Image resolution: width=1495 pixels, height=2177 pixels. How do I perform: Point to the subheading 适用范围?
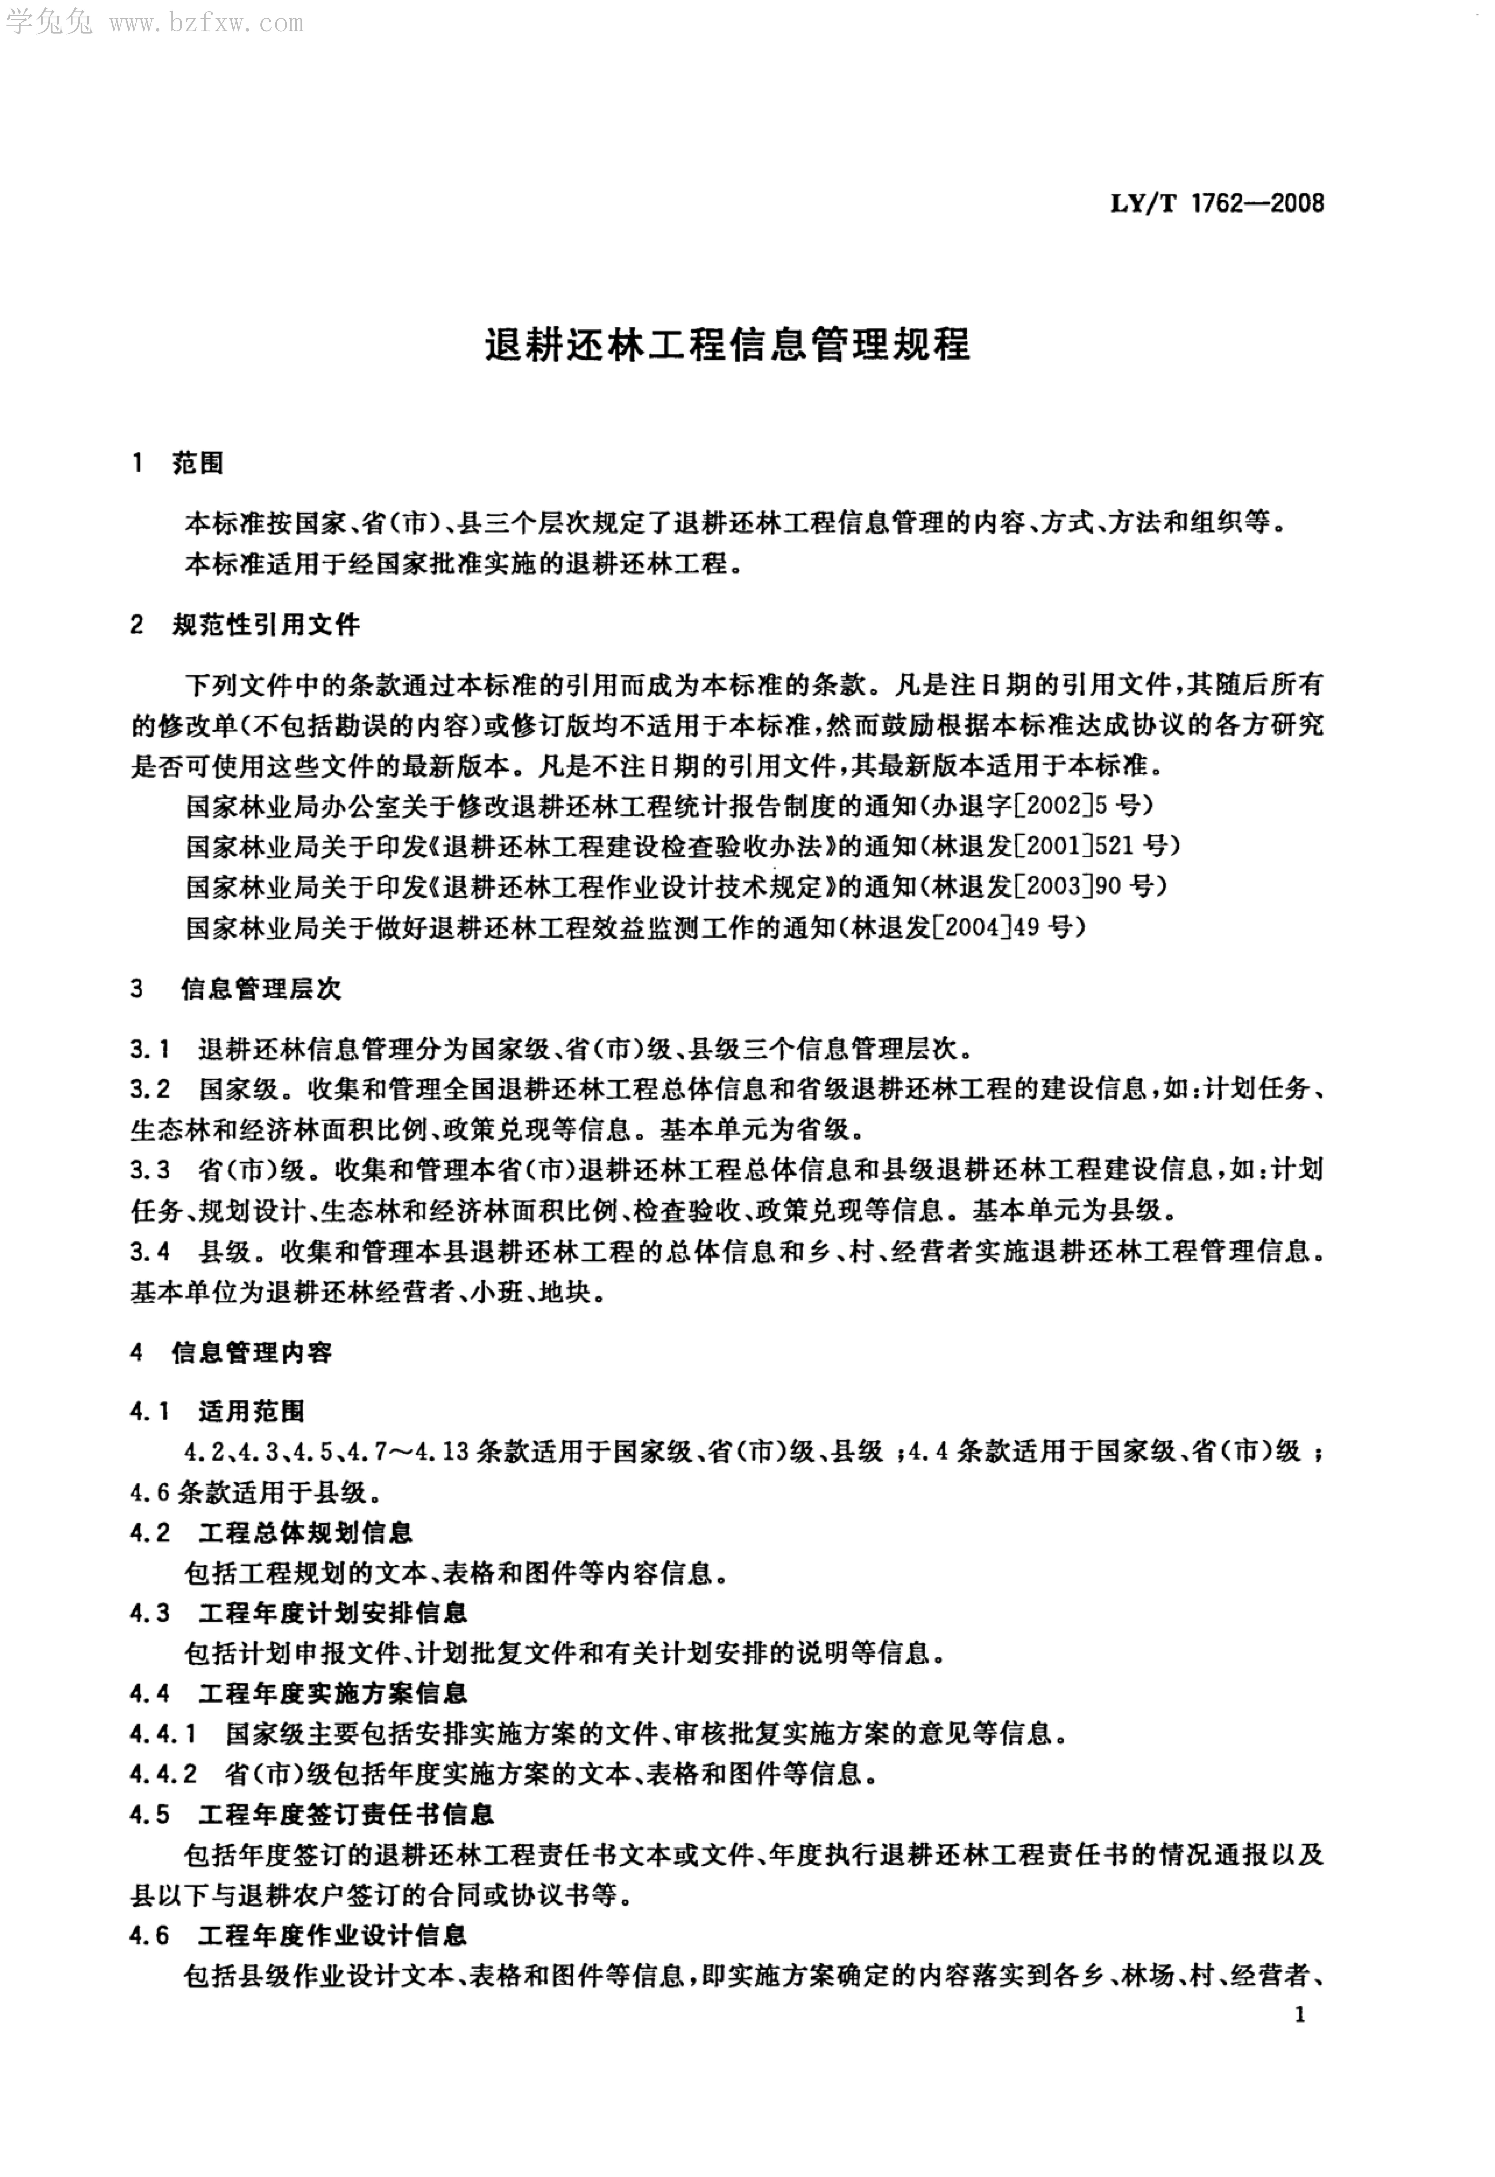click(251, 1412)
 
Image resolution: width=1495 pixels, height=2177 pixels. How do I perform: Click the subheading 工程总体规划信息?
click(305, 1533)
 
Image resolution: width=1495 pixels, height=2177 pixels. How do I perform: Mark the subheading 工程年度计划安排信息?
click(332, 1614)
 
